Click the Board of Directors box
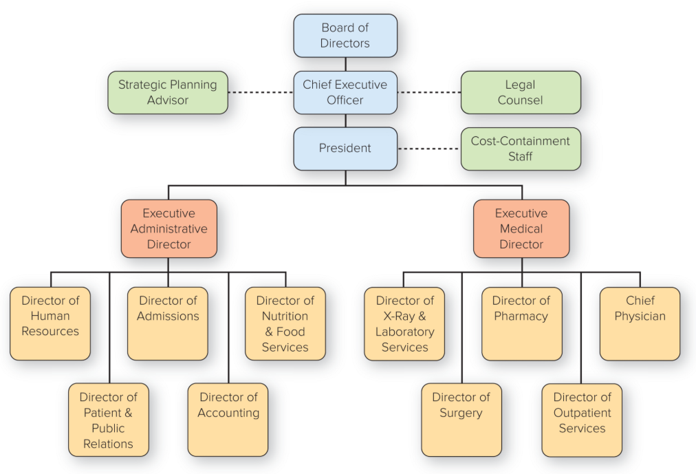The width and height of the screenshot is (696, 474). (x=345, y=36)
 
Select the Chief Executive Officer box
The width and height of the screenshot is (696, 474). (x=345, y=92)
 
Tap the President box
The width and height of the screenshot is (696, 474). (x=345, y=149)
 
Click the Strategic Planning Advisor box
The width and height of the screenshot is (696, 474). (x=168, y=92)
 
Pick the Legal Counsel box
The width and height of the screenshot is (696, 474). (x=521, y=92)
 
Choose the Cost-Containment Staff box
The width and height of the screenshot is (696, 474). (x=521, y=149)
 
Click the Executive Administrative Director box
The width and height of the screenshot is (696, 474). (x=169, y=228)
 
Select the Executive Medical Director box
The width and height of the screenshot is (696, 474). (x=521, y=228)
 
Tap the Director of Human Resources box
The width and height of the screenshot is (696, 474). (x=50, y=323)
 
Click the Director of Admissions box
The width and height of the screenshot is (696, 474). (x=168, y=323)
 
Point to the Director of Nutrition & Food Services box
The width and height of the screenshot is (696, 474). (x=285, y=323)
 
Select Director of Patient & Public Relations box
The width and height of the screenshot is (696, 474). (x=109, y=420)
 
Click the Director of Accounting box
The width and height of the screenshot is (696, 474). (x=228, y=420)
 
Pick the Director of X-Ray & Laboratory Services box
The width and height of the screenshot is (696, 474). (x=404, y=323)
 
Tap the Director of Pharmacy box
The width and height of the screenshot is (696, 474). (x=521, y=323)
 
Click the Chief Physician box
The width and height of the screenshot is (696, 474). (x=640, y=323)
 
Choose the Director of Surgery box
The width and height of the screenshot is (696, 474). (x=461, y=420)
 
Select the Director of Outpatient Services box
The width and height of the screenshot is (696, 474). (x=582, y=420)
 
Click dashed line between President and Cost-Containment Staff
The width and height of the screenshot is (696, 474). (x=428, y=149)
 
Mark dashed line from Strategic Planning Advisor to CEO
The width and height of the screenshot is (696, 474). (x=261, y=92)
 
